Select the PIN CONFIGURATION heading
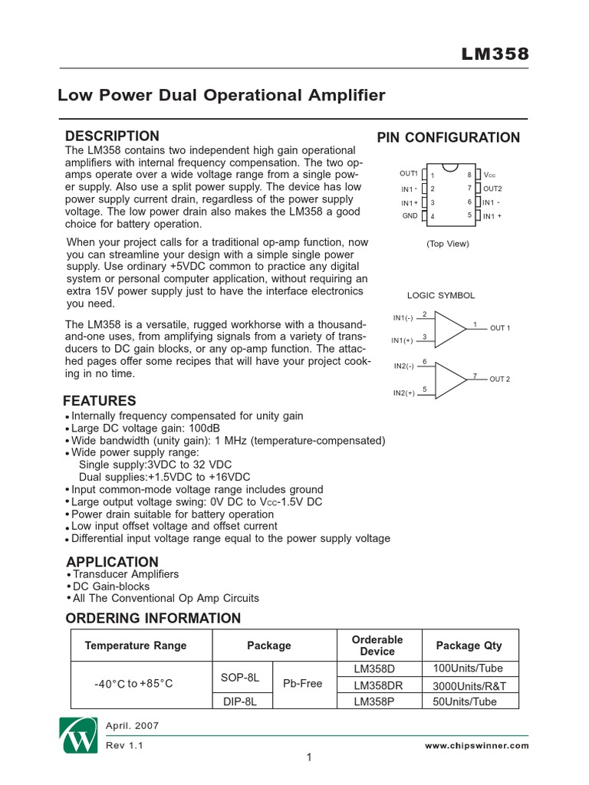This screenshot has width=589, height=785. pyautogui.click(x=448, y=138)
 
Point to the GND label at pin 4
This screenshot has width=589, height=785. pyautogui.click(x=410, y=216)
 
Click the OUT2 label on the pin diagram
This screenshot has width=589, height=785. pyautogui.click(x=492, y=189)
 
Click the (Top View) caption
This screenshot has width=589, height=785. pyautogui.click(x=448, y=244)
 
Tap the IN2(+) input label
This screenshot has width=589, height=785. pyautogui.click(x=403, y=393)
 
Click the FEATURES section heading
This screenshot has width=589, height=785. pyautogui.click(x=100, y=401)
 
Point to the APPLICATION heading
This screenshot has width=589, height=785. pyautogui.click(x=112, y=561)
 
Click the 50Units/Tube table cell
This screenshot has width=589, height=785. pyautogui.click(x=465, y=701)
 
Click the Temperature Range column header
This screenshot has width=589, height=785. pyautogui.click(x=136, y=645)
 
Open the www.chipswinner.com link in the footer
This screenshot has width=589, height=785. pyautogui.click(x=476, y=744)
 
